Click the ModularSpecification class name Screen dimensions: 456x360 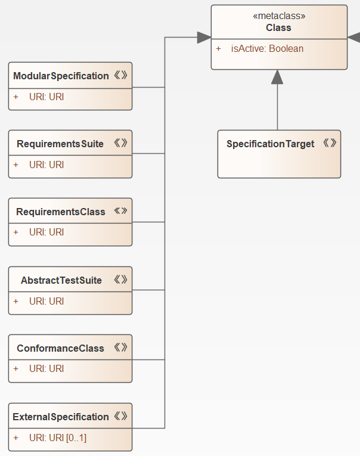coord(61,76)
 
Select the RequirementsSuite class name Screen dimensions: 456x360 coord(60,144)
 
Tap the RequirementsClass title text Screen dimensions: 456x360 coord(61,212)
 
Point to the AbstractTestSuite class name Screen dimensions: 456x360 coord(61,280)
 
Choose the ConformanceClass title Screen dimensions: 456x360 coord(61,348)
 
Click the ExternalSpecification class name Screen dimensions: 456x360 coord(61,417)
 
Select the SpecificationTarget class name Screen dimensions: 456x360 coord(270,144)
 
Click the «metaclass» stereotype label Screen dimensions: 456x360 coord(279,16)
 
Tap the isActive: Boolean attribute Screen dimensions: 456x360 coord(267,48)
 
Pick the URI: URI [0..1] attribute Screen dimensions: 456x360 coord(58,438)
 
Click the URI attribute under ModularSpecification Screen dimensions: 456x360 coord(46,97)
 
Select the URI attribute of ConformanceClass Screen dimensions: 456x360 coord(46,369)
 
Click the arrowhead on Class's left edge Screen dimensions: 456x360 coord(204,38)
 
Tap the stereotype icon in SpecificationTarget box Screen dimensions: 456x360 coord(330,143)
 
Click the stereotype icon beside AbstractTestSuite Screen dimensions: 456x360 coord(120,280)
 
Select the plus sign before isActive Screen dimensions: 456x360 coord(219,48)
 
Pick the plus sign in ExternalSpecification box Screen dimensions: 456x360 coord(16,438)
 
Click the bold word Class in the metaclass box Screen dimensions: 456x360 coord(279,27)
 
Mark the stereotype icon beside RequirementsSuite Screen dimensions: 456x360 coord(120,143)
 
